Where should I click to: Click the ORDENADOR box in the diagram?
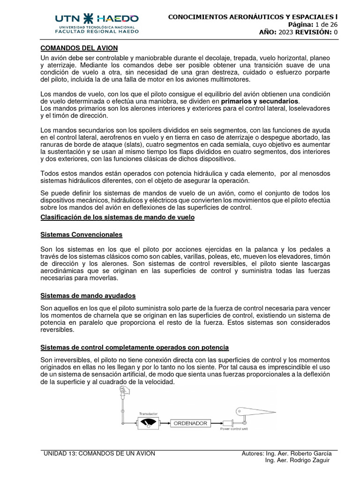pyautogui.click(x=191, y=423)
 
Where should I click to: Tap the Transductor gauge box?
pyautogui.click(x=148, y=423)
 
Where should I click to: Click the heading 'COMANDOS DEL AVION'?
pyautogui.click(x=79, y=48)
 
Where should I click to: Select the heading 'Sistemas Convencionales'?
pyautogui.click(x=82, y=234)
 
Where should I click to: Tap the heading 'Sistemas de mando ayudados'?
pyautogui.click(x=88, y=296)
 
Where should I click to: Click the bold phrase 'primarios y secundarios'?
pyautogui.click(x=259, y=101)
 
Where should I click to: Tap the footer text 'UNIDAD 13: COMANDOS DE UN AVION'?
pyautogui.click(x=99, y=453)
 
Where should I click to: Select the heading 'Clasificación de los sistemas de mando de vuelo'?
pyautogui.click(x=117, y=217)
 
